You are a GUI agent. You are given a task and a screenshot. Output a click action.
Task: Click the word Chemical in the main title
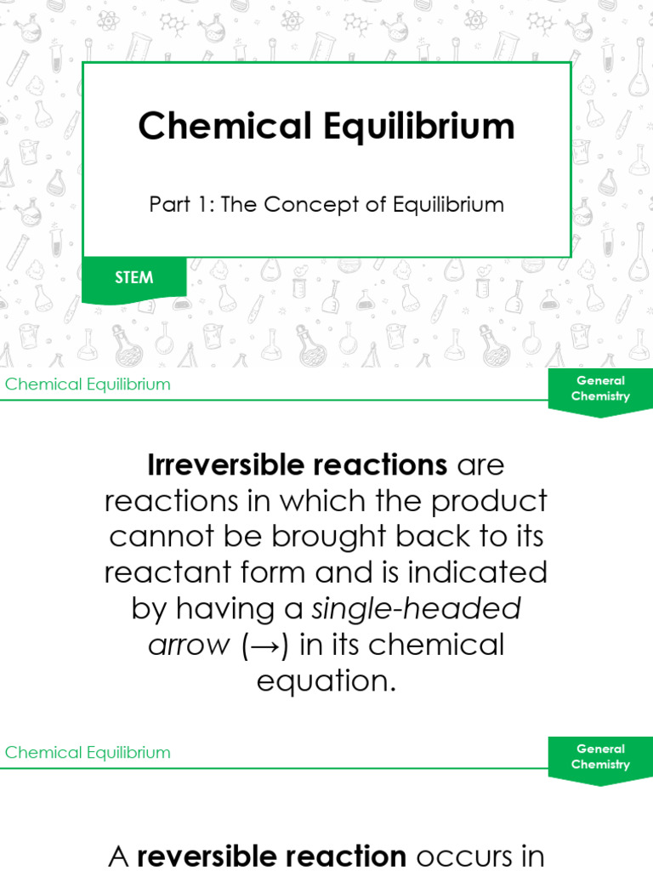(x=224, y=127)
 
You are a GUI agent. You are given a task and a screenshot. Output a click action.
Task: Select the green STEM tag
(x=134, y=278)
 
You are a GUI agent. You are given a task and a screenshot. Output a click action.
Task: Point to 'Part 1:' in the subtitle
(x=182, y=205)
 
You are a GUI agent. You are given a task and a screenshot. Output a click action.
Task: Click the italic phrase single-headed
(x=417, y=608)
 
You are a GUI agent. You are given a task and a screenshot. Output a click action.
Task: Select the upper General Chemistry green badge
(x=600, y=389)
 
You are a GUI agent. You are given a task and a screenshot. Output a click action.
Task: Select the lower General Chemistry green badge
(x=600, y=757)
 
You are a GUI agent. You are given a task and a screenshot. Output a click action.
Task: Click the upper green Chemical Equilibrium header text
(x=88, y=384)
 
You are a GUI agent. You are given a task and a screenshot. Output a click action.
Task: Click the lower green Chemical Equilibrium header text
(x=88, y=753)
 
